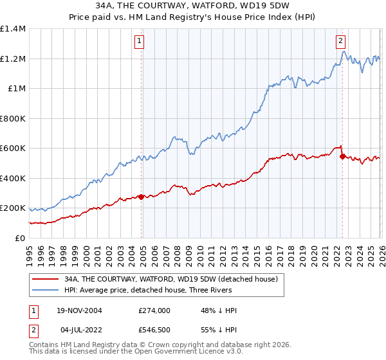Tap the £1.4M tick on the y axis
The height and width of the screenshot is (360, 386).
(x=13, y=29)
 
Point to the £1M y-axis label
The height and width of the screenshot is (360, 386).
(x=16, y=88)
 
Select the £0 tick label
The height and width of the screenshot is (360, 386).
(x=20, y=238)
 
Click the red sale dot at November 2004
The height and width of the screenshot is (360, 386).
(x=142, y=197)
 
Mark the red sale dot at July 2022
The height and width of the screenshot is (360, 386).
(x=342, y=156)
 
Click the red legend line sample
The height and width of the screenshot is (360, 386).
(x=46, y=280)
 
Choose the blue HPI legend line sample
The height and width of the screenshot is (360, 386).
(x=46, y=291)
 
